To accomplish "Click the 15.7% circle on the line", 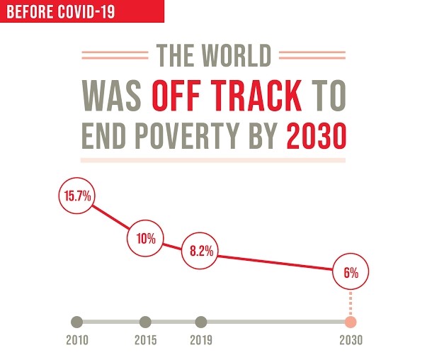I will (77, 196).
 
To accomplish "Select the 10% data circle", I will (146, 238).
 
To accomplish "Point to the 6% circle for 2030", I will (351, 271).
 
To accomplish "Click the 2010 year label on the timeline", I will (77, 340).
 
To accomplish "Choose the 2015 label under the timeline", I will (145, 340).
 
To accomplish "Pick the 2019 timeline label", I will (201, 340).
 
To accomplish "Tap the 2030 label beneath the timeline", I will (351, 340).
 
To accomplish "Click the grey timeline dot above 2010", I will (77, 322).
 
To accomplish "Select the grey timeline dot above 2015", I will (145, 322).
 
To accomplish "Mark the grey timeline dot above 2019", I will (201, 322).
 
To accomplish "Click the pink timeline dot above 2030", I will (351, 322).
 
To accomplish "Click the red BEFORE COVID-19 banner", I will (81, 11).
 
